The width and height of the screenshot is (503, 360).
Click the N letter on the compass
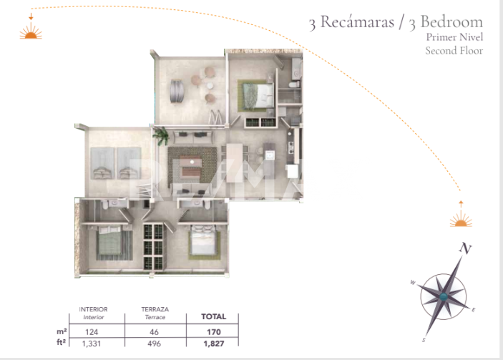coord(465,248)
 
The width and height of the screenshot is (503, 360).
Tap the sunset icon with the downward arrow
coord(31,27)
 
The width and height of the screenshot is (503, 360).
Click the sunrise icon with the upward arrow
coord(461,214)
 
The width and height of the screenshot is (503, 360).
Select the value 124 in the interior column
coord(92,332)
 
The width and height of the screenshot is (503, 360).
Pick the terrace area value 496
coord(154,344)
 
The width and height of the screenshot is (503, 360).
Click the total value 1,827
coord(214,344)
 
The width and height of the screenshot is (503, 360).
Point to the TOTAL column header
coord(214,316)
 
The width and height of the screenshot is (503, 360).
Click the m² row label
coord(62,331)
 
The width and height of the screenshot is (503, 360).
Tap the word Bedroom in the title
coord(451,21)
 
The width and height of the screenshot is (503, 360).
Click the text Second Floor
coord(454,51)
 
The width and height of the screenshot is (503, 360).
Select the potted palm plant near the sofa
coord(162,135)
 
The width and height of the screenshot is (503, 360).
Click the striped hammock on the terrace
coord(177,91)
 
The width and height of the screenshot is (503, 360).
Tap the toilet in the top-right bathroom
coord(294,84)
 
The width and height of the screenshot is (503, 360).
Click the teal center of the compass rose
coord(444,297)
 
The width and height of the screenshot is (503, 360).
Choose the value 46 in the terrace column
coord(154,332)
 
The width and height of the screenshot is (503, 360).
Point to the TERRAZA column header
coord(155,309)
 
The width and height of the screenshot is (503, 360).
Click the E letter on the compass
coord(474,310)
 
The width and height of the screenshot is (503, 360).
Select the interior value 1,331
coord(92,344)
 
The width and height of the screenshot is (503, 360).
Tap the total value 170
coord(214,332)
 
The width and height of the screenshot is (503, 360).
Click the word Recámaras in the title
coord(357,21)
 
